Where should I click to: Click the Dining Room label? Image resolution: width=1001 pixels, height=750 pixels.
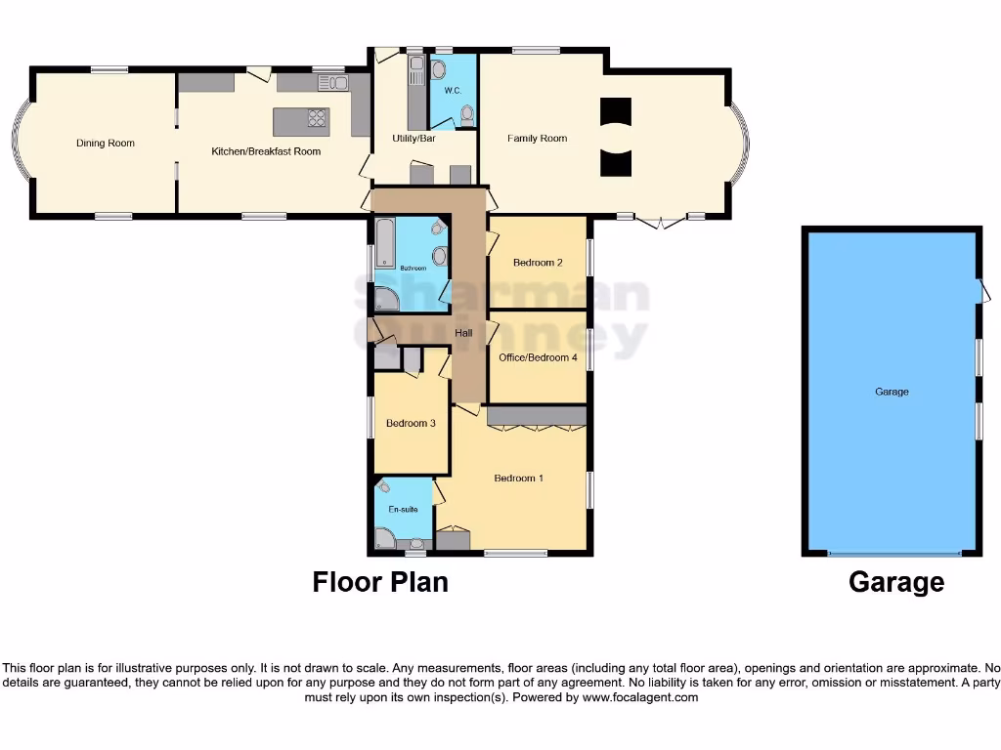(106, 144)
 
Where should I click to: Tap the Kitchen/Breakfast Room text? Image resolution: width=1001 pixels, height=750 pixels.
(266, 151)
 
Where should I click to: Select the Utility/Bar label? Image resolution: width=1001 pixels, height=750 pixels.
(413, 139)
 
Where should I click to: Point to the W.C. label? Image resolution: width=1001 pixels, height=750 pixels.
(452, 91)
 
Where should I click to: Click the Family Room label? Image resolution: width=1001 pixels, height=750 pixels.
(537, 139)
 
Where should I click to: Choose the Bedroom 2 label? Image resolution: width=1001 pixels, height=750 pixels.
(538, 263)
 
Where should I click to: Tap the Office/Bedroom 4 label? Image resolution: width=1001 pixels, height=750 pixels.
(538, 357)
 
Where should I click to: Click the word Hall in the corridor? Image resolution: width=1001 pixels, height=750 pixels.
(463, 334)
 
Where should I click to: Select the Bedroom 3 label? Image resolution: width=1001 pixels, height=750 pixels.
(411, 423)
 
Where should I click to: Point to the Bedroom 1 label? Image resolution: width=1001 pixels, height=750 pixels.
(518, 478)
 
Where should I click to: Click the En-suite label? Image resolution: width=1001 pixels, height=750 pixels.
(403, 510)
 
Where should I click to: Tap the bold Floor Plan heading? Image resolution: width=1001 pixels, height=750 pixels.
(380, 582)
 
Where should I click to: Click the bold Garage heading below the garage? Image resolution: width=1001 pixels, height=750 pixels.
(896, 582)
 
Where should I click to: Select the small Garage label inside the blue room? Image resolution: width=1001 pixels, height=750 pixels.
(892, 392)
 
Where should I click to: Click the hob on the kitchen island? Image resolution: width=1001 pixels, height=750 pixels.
(318, 119)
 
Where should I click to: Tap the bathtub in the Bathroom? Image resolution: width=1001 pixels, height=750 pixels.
(383, 244)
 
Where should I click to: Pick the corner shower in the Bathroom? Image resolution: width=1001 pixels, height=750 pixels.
(385, 299)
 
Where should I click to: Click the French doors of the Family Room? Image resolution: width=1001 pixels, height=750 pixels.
(662, 221)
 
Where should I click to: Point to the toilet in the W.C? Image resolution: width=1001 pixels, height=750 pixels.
(466, 116)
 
